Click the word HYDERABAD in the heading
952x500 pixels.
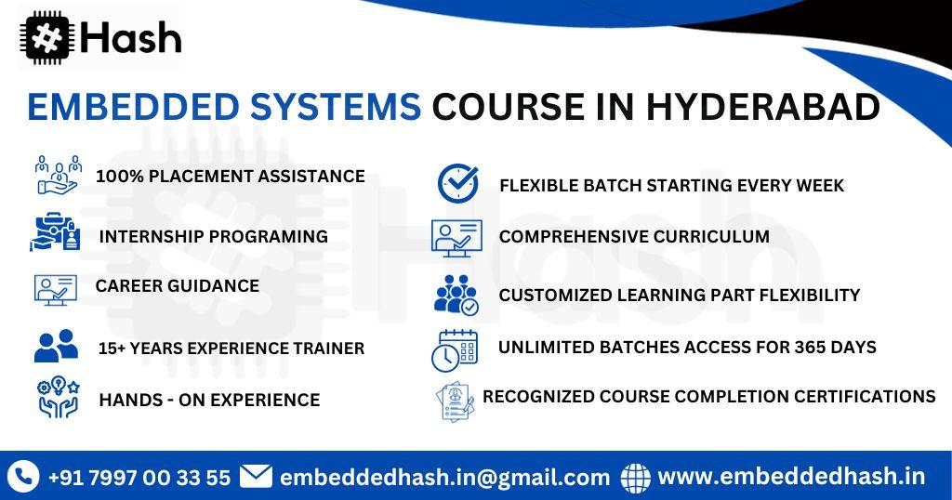tap(761, 108)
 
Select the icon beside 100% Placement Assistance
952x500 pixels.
tap(58, 175)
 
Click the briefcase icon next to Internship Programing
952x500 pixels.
tap(56, 233)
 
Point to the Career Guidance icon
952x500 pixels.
tap(56, 289)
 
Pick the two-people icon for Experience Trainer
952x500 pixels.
tap(56, 346)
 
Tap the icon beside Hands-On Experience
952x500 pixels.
tap(58, 397)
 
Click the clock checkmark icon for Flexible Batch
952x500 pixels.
tap(457, 183)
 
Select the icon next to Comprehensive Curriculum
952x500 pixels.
tap(456, 237)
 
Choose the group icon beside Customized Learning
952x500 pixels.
tap(456, 295)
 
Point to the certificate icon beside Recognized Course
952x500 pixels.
tap(455, 400)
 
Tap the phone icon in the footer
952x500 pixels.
tap(22, 477)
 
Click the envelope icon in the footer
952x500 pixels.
tap(256, 477)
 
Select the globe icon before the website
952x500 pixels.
tap(636, 478)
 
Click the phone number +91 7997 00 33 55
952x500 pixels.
tap(139, 478)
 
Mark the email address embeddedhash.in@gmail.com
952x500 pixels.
tap(444, 478)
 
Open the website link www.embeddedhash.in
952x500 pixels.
tap(791, 477)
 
